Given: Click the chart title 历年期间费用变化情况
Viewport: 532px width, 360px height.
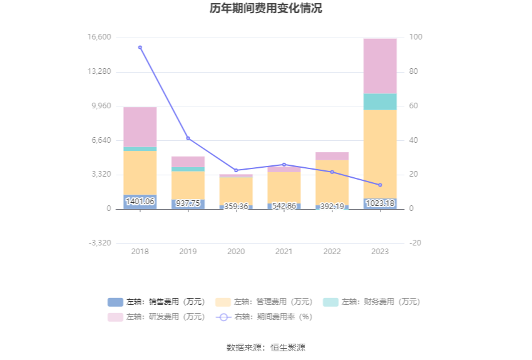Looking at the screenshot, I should [266, 9].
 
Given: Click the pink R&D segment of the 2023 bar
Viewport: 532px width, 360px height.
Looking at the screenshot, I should [380, 66].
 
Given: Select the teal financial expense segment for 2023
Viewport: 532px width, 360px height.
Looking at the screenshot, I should [380, 101].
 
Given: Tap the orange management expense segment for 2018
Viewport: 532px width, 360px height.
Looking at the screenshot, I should [140, 172].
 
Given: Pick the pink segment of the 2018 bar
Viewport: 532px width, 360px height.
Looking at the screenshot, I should [140, 127].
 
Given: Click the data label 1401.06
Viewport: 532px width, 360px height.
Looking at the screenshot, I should [140, 202].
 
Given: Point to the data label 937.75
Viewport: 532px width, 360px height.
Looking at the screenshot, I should [188, 203].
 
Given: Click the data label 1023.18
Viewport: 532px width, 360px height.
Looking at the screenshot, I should [380, 203].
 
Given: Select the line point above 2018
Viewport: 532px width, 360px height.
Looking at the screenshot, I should [140, 47].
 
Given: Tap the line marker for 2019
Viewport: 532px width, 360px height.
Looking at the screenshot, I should [188, 138].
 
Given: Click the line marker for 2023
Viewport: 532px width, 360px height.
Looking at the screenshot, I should [380, 185].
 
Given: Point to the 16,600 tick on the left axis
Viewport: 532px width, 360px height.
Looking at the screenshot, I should [100, 37].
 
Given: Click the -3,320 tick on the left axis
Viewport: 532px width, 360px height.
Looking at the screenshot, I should [100, 243].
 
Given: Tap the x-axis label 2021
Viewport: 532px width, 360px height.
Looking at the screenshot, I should [284, 252].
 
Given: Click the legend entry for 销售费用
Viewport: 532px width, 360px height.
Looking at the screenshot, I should [157, 302].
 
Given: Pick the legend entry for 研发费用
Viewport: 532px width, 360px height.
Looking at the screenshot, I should [157, 317].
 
